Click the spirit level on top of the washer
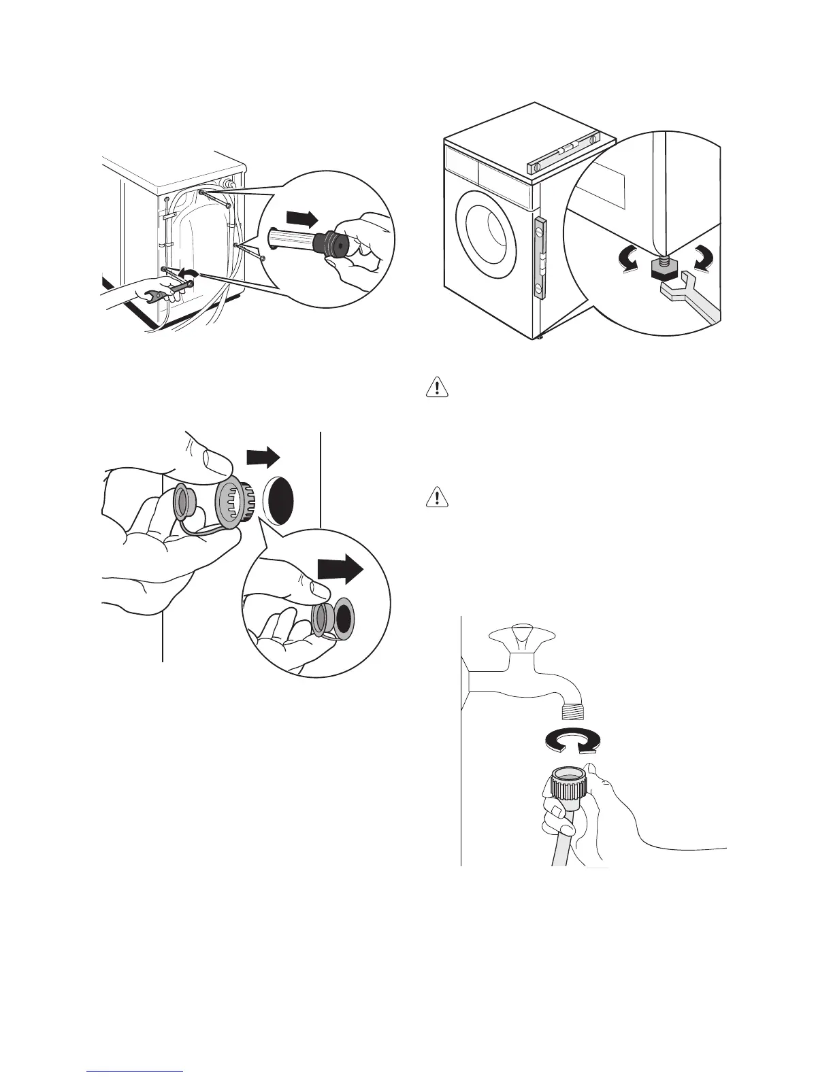tap(564, 154)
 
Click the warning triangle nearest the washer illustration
tap(437, 387)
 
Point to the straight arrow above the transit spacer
tap(301, 219)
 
